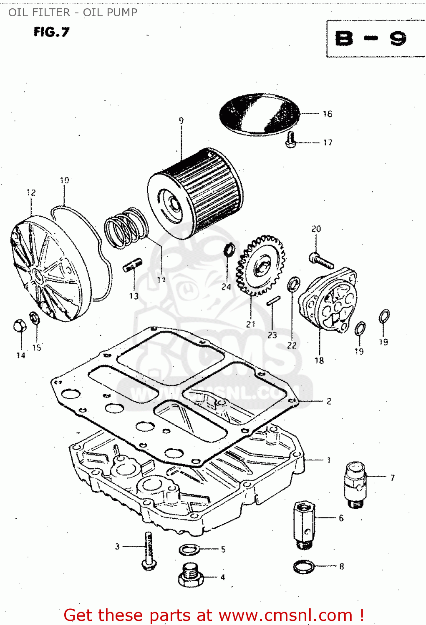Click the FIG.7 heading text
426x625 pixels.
[x=51, y=32]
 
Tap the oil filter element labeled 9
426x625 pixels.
[x=195, y=194]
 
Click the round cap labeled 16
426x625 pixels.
[x=260, y=114]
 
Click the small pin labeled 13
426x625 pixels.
[x=133, y=265]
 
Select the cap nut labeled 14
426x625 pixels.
[x=19, y=326]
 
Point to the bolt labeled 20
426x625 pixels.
[x=321, y=260]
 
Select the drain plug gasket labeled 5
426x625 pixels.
[x=189, y=550]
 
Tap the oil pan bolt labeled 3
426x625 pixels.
[x=149, y=550]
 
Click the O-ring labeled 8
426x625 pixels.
[x=304, y=566]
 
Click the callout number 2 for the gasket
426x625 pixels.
[x=329, y=401]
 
